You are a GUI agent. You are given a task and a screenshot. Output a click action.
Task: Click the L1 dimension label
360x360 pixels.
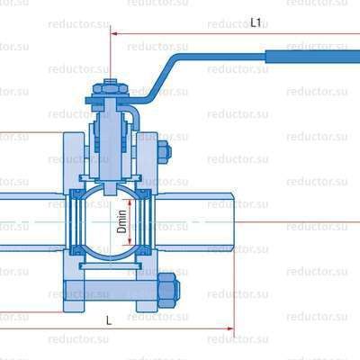(x=256, y=22)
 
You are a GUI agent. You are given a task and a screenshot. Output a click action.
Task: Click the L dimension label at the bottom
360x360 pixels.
(x=109, y=320)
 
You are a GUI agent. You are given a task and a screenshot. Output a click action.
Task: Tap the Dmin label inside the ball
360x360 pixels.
(x=121, y=222)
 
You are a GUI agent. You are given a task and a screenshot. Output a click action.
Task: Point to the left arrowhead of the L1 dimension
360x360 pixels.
(x=113, y=33)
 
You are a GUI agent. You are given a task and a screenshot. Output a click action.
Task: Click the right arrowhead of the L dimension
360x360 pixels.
(x=230, y=328)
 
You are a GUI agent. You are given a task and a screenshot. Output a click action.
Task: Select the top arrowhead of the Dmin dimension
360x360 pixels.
(x=130, y=202)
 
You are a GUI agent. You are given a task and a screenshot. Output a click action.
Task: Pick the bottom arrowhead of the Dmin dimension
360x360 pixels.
(x=130, y=241)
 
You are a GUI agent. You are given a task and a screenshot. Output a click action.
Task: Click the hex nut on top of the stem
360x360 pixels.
(x=111, y=88)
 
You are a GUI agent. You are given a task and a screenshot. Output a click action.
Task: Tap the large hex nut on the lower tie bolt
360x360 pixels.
(x=168, y=291)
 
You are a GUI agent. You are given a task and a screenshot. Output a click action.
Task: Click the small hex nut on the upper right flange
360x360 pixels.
(x=165, y=152)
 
